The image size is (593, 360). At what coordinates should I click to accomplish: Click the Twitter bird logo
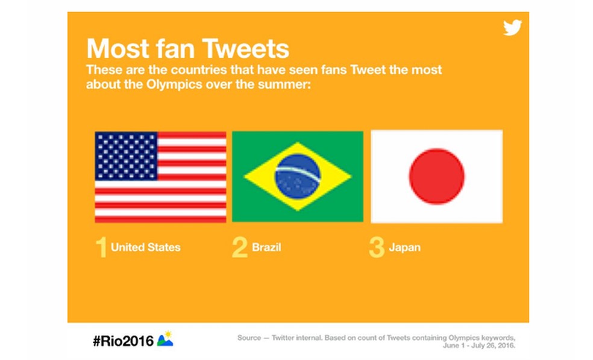tap(512, 28)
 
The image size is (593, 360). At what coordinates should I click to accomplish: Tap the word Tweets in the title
tap(246, 48)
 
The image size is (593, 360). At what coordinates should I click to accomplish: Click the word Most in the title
tap(118, 48)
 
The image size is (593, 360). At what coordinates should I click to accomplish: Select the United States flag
tap(160, 177)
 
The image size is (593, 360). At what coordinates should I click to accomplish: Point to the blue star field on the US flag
tap(126, 156)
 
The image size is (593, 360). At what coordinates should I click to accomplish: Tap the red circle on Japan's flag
tap(436, 177)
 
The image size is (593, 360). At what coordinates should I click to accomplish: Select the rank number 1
tap(101, 248)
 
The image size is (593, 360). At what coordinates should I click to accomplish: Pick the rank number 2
tap(239, 248)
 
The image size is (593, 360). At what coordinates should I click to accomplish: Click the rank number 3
tap(376, 248)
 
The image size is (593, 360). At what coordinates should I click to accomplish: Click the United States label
tap(145, 247)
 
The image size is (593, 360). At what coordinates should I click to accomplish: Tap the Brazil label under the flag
tap(266, 247)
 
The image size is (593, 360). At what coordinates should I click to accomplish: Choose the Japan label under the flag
tap(405, 247)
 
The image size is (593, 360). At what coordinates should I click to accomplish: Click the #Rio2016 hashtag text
tap(123, 340)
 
